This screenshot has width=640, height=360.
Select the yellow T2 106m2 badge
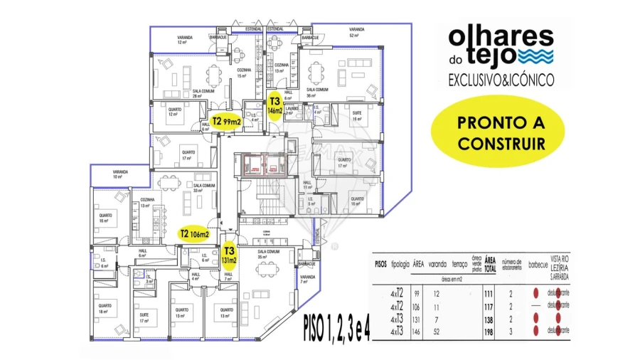click(194, 233)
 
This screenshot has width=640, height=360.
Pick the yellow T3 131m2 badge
click(229, 255)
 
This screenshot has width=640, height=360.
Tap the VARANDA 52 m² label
click(357, 32)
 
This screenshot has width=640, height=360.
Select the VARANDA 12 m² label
click(183, 40)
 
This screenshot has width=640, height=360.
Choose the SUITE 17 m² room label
click(144, 318)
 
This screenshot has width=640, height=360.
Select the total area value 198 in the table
click(488, 331)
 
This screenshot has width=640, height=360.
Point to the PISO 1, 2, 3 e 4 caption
click(336, 327)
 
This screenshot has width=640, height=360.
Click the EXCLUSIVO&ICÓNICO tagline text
click(501, 81)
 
